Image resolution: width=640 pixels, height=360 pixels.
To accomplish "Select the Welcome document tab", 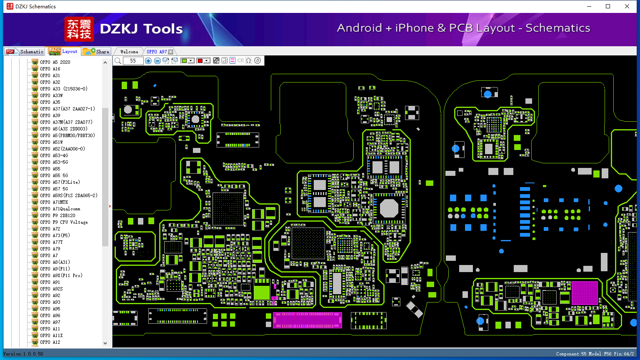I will tap(129, 52).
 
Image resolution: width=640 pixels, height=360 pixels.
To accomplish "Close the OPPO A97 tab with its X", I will tap(170, 52).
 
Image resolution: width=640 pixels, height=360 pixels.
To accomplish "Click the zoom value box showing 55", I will tap(133, 61).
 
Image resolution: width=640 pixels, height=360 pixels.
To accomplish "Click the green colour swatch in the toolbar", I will tap(184, 61).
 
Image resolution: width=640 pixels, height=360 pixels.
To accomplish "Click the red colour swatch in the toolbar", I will tap(200, 61).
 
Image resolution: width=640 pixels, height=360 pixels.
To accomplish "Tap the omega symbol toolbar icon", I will tap(249, 61).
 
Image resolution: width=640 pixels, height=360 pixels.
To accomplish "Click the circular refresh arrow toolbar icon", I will tap(257, 61).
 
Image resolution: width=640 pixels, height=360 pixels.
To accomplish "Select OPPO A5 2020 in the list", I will tap(55, 62).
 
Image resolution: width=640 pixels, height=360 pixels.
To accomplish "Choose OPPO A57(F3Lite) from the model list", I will tap(60, 182).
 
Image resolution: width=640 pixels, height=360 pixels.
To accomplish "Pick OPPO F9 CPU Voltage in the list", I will tap(64, 222).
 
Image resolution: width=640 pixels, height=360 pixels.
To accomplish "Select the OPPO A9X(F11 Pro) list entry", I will tap(61, 275).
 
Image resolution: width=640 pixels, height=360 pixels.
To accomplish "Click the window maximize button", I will tap(608, 6).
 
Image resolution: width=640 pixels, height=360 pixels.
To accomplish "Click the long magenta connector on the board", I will tap(307, 320).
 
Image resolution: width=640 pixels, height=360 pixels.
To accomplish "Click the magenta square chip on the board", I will tap(584, 293).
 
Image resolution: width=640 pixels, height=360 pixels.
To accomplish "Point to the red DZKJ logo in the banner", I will tap(79, 29).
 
